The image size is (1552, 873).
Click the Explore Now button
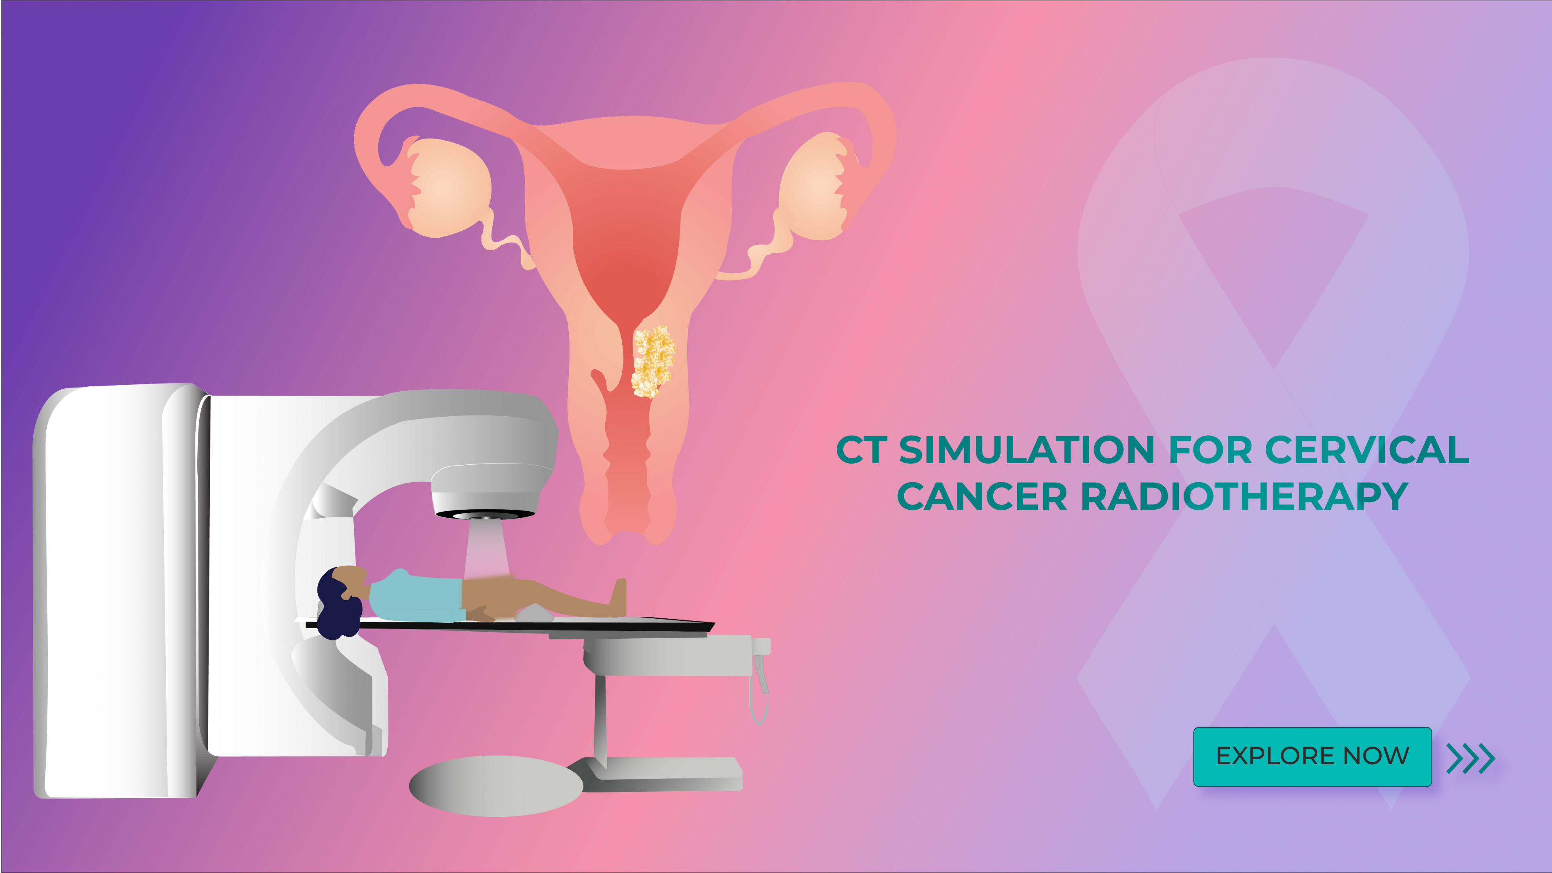click(x=1312, y=757)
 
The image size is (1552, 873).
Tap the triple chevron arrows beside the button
click(x=1471, y=758)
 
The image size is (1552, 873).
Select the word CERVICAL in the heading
click(x=1366, y=450)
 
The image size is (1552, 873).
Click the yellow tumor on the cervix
click(x=652, y=361)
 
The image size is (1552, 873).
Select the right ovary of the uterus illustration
click(x=813, y=187)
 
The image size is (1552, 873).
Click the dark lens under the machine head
click(x=485, y=515)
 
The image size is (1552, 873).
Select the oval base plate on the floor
click(x=496, y=786)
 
